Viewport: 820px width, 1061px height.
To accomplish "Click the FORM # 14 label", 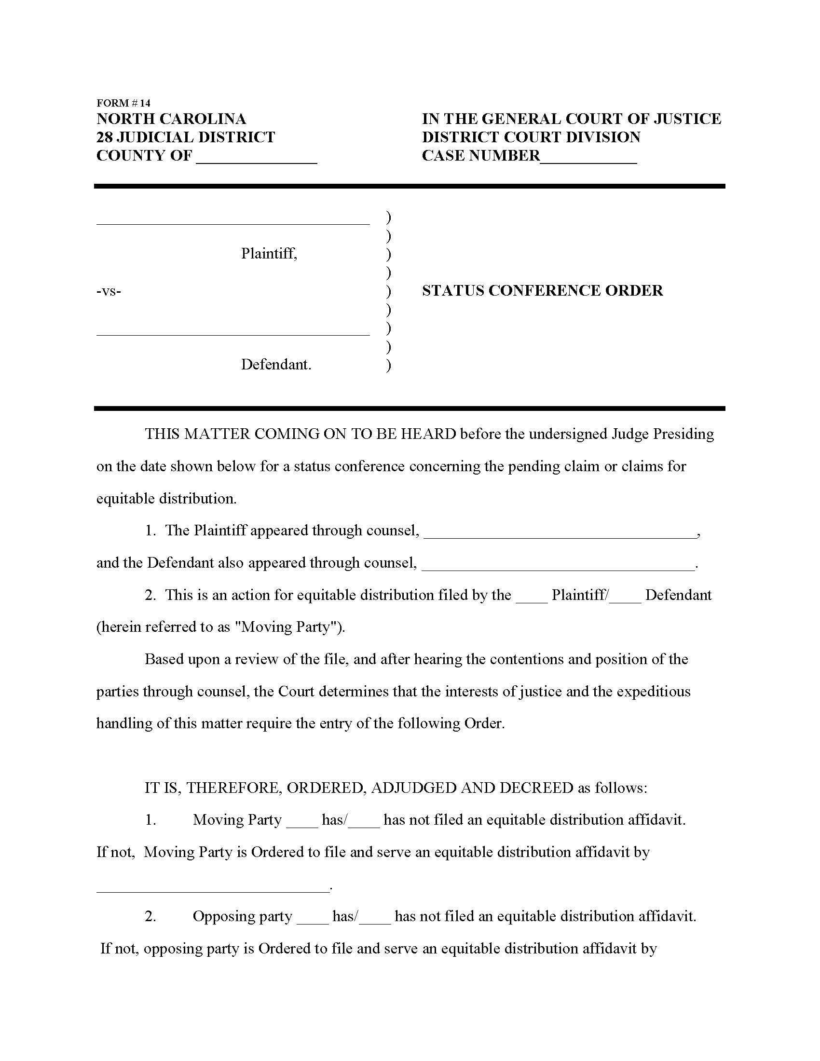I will [x=123, y=103].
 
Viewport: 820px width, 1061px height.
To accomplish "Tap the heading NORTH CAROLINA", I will [x=171, y=119].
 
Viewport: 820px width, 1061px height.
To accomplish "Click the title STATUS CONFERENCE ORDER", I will [x=542, y=290].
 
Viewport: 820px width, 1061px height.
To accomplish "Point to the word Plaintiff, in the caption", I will [x=269, y=254].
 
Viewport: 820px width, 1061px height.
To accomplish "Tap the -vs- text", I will [x=109, y=291].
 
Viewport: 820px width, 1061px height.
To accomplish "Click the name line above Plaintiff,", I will [x=232, y=221].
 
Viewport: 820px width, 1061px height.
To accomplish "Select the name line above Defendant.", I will [x=232, y=332].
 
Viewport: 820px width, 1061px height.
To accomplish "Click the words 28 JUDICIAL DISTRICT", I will [x=186, y=137].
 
